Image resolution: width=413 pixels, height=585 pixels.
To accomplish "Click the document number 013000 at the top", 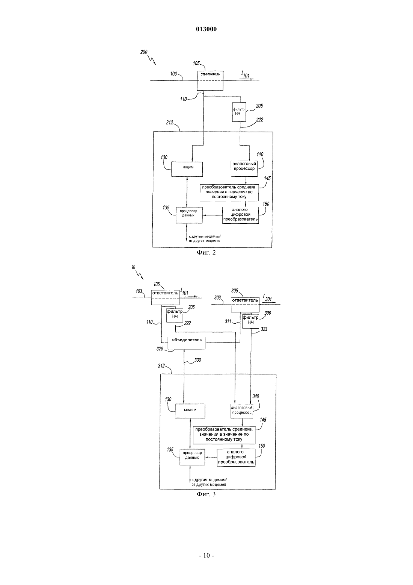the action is [206, 29].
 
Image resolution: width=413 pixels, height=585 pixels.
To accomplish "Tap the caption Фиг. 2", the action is [206, 252].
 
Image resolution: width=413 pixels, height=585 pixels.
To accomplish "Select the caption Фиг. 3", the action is [206, 494].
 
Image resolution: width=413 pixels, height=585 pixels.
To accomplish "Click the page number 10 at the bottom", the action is [206, 555].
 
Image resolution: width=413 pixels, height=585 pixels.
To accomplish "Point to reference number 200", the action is [144, 52].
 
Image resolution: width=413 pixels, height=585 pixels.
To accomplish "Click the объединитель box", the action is [187, 343].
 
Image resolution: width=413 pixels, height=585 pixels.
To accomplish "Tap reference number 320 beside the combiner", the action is [160, 349].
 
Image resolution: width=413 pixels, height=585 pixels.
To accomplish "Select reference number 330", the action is [197, 360].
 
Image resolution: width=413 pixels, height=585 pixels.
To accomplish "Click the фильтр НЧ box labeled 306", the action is [250, 321].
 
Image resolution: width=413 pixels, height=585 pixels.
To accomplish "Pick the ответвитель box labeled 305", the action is [245, 305].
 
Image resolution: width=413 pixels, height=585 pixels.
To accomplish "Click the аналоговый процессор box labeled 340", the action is [242, 411].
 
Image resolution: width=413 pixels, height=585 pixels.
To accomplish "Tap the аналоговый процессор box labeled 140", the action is [244, 168].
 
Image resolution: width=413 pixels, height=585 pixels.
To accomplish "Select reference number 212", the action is [169, 122].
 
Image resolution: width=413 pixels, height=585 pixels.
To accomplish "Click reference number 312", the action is [161, 366].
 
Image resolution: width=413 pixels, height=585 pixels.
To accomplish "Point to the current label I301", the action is [267, 298].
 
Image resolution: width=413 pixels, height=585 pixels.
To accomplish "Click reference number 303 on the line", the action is [217, 297].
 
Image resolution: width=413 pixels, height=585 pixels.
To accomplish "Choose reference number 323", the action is [264, 329].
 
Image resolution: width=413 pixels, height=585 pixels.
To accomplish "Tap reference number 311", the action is [228, 321].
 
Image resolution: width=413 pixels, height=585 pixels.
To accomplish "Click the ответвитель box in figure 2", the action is [210, 81].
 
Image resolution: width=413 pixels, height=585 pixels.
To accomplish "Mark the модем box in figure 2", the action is [187, 169].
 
